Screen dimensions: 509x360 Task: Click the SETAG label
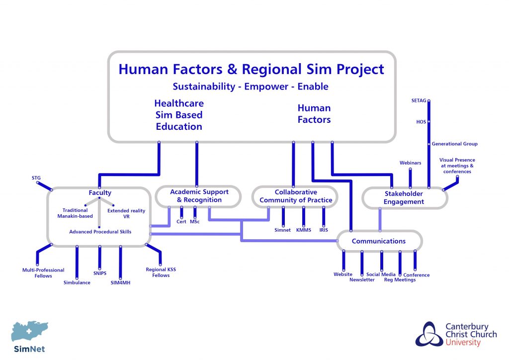click(x=419, y=100)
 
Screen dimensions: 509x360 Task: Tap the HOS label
click(x=421, y=122)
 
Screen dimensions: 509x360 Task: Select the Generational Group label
click(x=454, y=144)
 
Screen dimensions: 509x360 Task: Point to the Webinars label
click(x=410, y=163)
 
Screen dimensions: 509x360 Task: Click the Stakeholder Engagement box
click(x=405, y=198)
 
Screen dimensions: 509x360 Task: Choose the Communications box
click(x=379, y=241)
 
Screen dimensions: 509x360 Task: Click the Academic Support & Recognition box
click(x=198, y=196)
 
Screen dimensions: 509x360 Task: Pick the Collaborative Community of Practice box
click(x=295, y=196)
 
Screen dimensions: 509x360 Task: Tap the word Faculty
click(x=100, y=193)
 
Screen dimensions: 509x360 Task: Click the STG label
click(x=36, y=178)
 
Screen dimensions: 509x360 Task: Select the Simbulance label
click(x=77, y=283)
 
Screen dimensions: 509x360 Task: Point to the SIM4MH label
click(x=120, y=283)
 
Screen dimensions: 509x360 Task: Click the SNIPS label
click(x=100, y=273)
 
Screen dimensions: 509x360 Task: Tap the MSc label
click(x=195, y=222)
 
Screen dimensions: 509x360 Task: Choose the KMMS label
click(x=304, y=230)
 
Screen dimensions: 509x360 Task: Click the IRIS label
click(x=324, y=230)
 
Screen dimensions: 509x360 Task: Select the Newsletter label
click(x=362, y=280)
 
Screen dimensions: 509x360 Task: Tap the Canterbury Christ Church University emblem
click(x=429, y=334)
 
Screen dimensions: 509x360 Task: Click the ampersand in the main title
click(x=232, y=70)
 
